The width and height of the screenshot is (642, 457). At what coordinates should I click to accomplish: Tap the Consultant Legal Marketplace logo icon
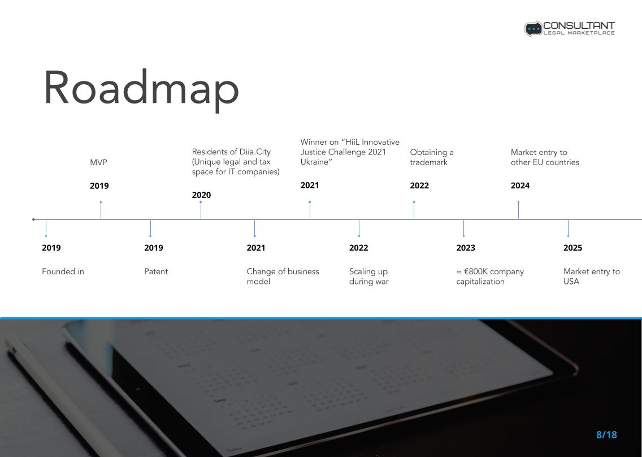533,29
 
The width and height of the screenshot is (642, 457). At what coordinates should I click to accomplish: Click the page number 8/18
606,435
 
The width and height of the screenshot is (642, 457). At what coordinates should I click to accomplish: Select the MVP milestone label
98,162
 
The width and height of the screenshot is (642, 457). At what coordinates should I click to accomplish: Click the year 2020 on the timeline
201,195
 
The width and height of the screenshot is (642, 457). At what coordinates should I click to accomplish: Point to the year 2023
466,248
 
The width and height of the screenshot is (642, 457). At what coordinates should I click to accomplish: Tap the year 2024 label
520,186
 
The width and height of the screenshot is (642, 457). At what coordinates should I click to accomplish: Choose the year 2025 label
573,248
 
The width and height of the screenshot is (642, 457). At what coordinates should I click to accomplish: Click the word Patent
156,271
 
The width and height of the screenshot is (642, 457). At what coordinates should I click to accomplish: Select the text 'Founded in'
63,271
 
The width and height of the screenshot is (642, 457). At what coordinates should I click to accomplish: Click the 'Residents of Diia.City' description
236,162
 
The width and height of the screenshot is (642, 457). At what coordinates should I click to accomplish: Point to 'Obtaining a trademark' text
432,157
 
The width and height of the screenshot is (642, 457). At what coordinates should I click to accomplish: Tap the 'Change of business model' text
283,276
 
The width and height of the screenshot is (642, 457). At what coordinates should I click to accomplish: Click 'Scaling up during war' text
369,276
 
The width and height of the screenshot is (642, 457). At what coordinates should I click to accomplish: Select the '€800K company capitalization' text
490,276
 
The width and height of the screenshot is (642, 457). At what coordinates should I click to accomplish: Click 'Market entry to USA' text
592,276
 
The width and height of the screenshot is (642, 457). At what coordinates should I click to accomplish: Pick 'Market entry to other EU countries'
545,157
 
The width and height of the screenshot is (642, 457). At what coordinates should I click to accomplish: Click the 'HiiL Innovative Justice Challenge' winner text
350,152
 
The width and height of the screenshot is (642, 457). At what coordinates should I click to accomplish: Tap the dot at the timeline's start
33,219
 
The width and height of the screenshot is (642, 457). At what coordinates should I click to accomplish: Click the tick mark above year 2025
569,228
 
